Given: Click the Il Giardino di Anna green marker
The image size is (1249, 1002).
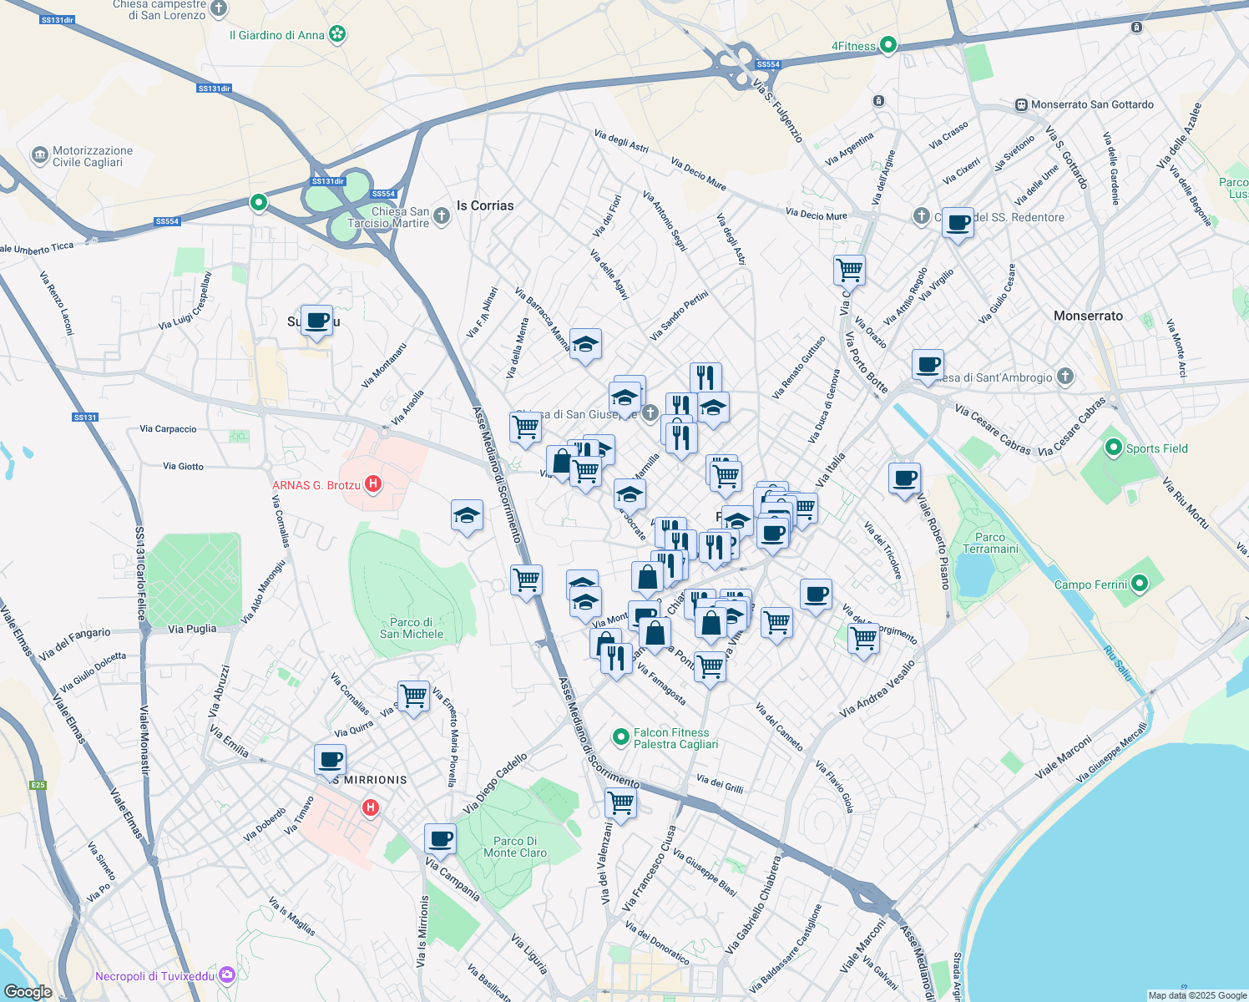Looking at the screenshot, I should (337, 35).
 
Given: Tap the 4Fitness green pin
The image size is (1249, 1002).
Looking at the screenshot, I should (888, 45).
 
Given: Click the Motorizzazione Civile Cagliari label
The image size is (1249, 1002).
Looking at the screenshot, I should (92, 156).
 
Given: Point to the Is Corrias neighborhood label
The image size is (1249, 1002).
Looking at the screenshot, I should (485, 205).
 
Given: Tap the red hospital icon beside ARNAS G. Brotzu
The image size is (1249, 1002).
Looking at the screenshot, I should (373, 484).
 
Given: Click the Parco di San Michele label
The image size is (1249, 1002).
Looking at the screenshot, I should (412, 628).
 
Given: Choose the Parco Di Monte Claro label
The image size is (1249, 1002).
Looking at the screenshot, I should (515, 847).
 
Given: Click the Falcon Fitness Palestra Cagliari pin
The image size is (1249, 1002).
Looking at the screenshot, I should (620, 736).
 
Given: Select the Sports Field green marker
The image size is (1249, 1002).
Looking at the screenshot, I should (1113, 448).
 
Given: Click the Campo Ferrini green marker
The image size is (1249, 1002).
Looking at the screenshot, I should (1140, 584).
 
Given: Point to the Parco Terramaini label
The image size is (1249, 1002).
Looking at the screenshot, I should (990, 543).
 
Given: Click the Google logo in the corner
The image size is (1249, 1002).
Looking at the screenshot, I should (28, 991).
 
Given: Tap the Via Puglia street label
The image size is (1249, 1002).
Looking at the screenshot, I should (192, 629).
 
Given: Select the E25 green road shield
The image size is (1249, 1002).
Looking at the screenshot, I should (38, 785).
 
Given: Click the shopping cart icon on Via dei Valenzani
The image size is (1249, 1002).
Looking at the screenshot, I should (621, 803).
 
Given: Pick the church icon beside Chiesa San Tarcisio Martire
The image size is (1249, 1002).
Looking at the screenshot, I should (442, 217).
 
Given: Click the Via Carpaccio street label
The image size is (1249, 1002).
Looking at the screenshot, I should (168, 428).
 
